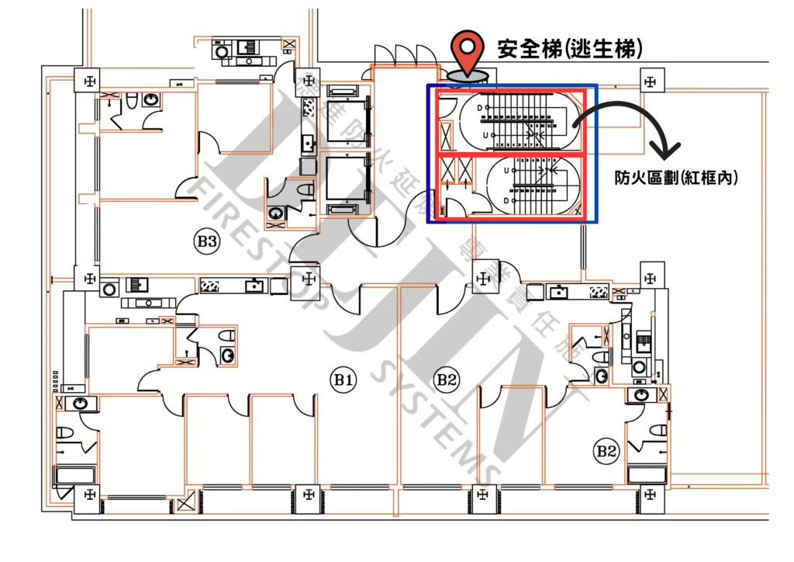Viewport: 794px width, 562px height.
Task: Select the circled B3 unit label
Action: pyautogui.click(x=205, y=241)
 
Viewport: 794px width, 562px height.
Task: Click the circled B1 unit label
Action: pyautogui.click(x=343, y=380)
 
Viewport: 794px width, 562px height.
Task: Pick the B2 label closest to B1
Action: pyautogui.click(x=446, y=380)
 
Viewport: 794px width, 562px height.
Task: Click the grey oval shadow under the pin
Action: pyautogui.click(x=468, y=75)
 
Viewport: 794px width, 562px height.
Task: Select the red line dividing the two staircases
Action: pyautogui.click(x=512, y=156)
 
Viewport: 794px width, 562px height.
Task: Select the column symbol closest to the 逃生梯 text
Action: pyautogui.click(x=650, y=78)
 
